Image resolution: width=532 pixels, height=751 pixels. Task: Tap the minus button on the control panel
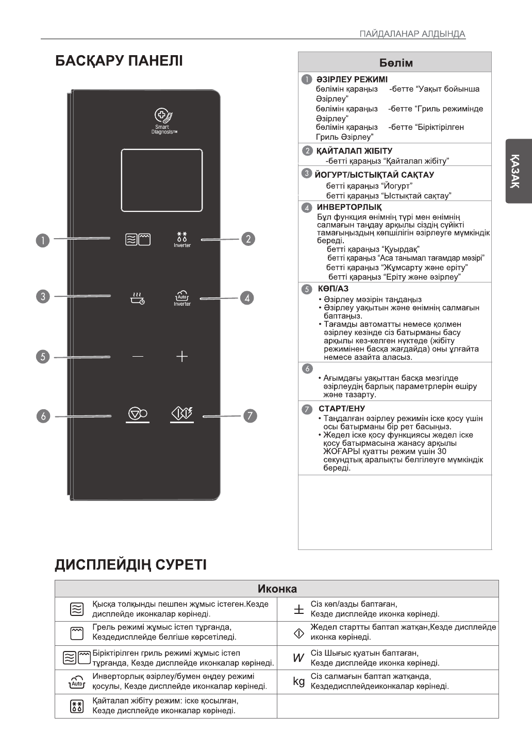click(138, 356)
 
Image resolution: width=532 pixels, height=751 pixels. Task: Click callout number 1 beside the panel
click(43, 240)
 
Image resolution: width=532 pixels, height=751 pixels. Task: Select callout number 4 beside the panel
click(247, 298)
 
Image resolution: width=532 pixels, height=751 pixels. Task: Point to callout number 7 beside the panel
click(250, 416)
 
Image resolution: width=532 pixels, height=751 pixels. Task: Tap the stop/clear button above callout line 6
click(138, 413)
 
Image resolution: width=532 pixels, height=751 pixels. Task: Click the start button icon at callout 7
click(182, 413)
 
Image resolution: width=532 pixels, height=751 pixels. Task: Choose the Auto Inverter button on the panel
click(182, 298)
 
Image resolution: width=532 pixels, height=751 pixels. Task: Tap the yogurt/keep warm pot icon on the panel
click(138, 298)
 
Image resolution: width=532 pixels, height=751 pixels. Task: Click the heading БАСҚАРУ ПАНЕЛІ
click(119, 61)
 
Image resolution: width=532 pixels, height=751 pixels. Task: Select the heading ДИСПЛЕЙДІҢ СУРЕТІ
click(131, 565)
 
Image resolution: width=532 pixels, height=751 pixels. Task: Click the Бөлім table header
click(395, 63)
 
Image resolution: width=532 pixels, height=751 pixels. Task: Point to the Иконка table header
click(277, 589)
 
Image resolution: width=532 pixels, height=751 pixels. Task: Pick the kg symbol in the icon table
click(299, 681)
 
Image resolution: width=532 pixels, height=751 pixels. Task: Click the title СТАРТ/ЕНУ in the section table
click(341, 409)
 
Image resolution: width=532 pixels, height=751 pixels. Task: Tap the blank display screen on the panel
click(161, 180)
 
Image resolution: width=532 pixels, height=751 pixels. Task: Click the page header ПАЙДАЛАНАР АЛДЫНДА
click(412, 34)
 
